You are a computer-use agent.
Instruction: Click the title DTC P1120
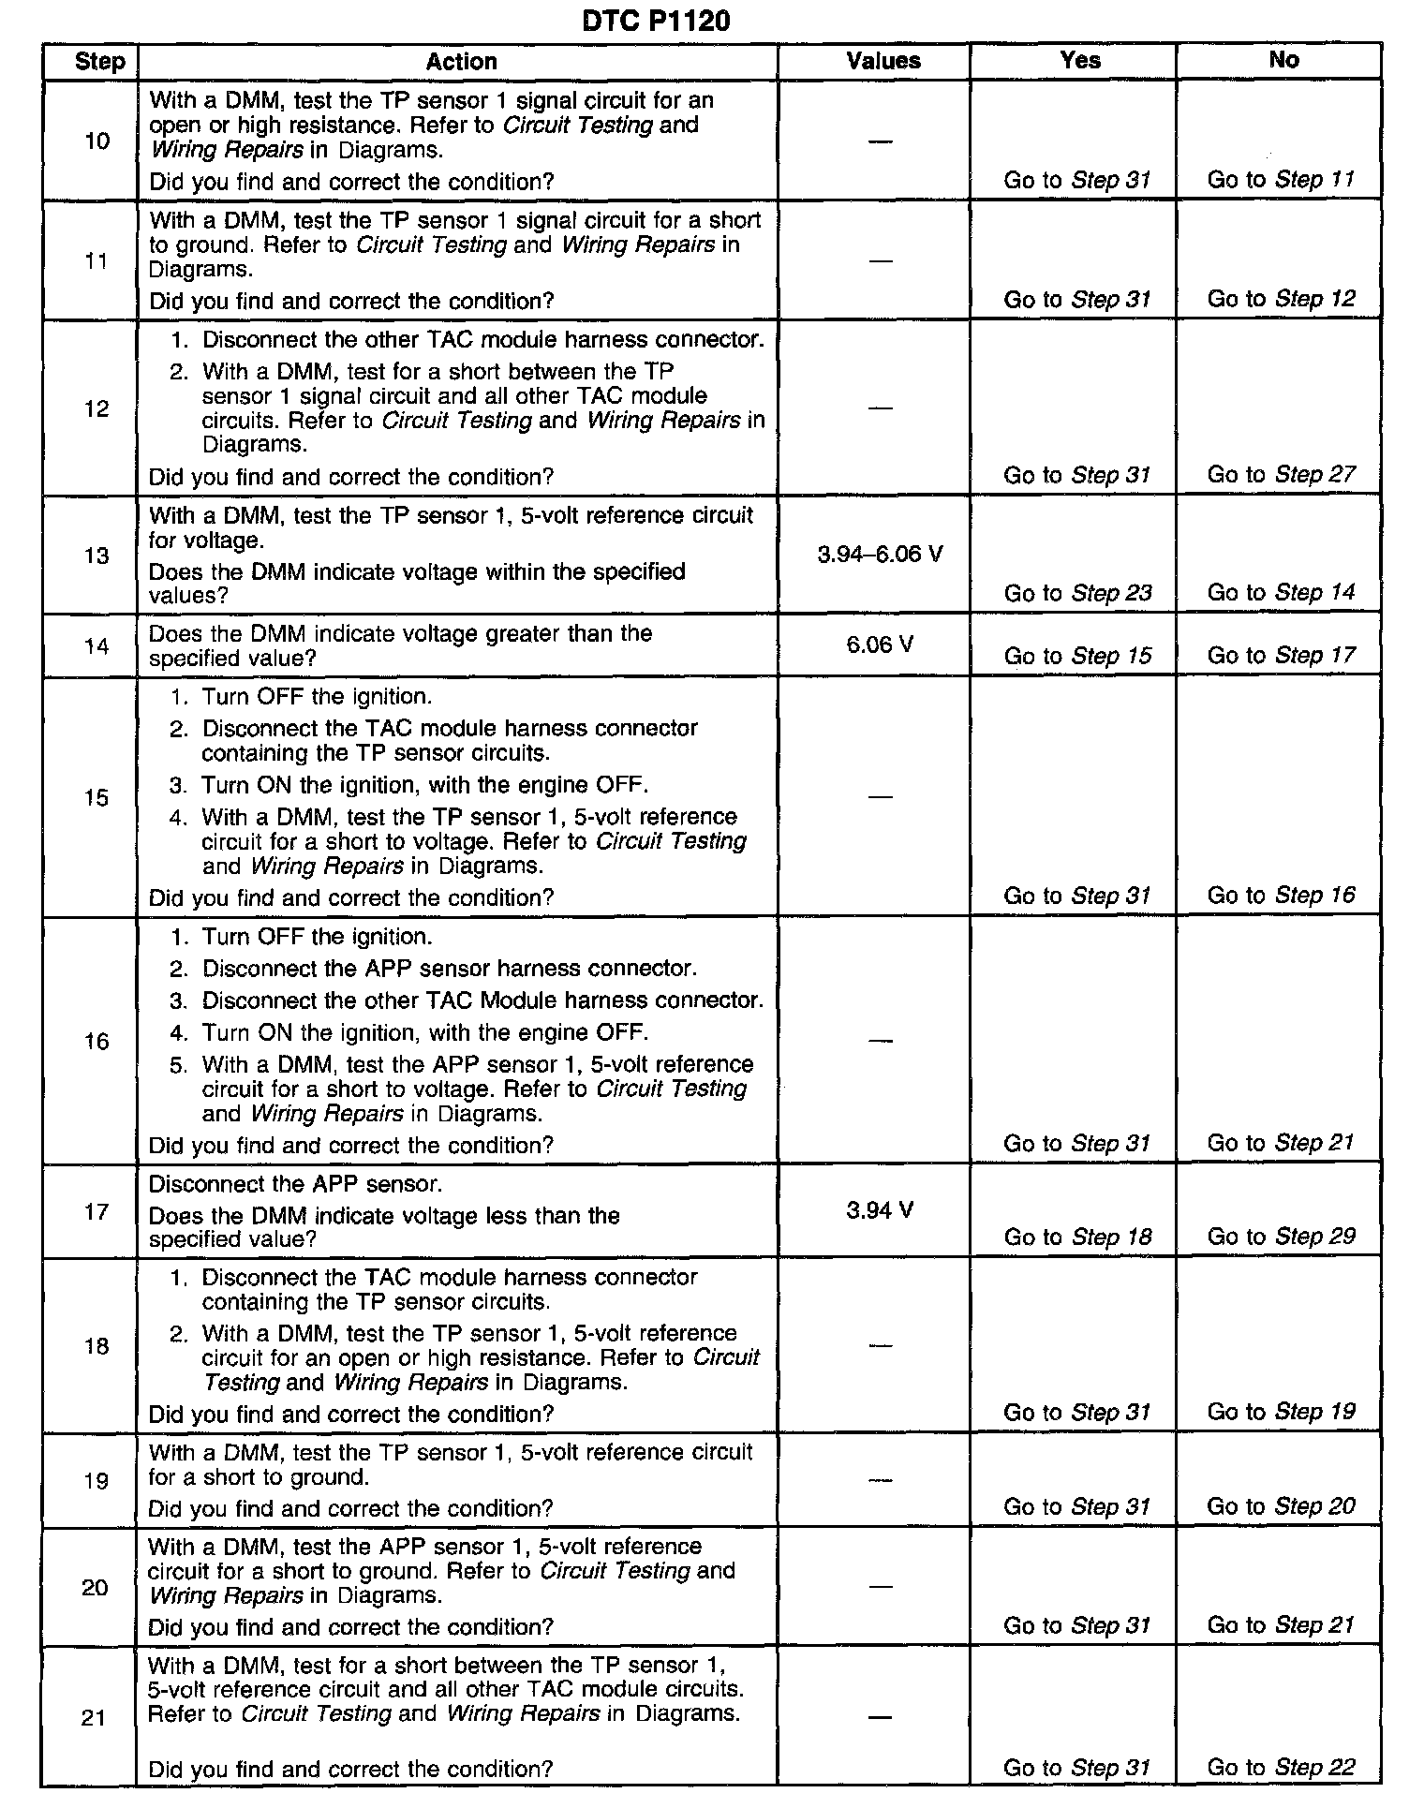click(x=656, y=21)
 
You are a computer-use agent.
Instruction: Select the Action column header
click(x=461, y=62)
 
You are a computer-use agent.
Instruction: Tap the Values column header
click(x=883, y=61)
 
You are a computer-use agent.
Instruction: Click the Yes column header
click(x=1080, y=60)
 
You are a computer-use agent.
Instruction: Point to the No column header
click(x=1283, y=60)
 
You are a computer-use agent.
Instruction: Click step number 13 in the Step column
click(x=96, y=556)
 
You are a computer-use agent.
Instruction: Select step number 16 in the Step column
click(x=96, y=1041)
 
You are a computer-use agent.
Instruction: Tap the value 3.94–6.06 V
click(x=880, y=555)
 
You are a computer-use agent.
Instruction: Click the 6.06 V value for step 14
click(x=880, y=645)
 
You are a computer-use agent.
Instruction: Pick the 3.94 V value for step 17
click(x=880, y=1210)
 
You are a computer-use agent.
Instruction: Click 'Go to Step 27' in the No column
click(x=1281, y=475)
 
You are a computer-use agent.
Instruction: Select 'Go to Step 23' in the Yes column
click(x=1077, y=593)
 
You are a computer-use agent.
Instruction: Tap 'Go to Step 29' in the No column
click(x=1281, y=1237)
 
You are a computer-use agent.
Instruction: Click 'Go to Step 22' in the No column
click(x=1281, y=1768)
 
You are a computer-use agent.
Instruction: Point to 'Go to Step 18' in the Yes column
click(x=1077, y=1237)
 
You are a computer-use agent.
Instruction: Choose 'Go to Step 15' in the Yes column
click(x=1077, y=656)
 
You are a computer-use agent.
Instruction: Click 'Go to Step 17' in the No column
click(x=1281, y=655)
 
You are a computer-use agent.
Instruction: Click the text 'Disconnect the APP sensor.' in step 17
click(x=295, y=1183)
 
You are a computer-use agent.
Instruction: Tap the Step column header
click(x=99, y=62)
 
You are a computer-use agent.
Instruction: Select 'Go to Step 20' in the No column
click(x=1281, y=1506)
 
